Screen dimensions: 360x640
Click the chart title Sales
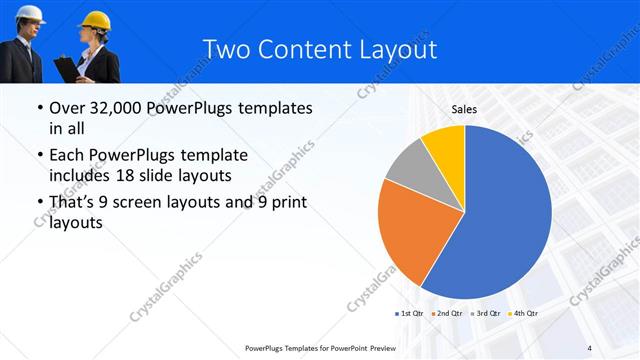click(464, 109)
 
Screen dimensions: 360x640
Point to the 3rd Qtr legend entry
click(486, 314)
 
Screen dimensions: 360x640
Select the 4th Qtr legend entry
click(523, 314)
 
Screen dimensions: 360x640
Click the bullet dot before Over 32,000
click(38, 108)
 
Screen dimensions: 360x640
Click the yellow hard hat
click(96, 21)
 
